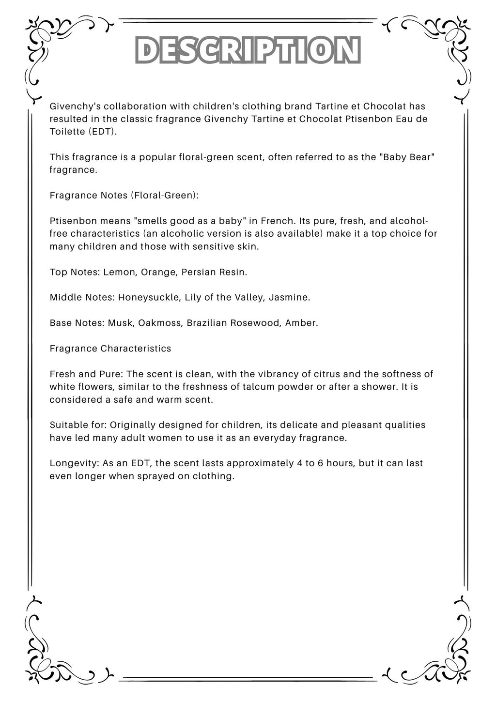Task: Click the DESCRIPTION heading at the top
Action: tap(248, 50)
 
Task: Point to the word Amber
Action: tap(300, 323)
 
